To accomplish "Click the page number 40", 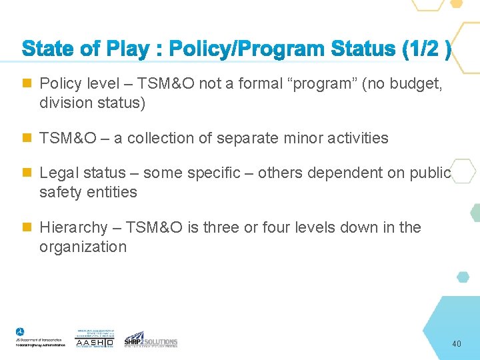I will (x=456, y=344).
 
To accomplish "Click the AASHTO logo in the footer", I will (x=94, y=338).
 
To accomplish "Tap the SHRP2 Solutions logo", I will (x=151, y=339).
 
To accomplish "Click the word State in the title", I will (x=49, y=49).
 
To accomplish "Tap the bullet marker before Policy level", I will (x=27, y=84).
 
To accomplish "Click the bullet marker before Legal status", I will (x=27, y=173).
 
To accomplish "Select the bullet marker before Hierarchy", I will (x=27, y=228).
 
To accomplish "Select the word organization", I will (x=83, y=247).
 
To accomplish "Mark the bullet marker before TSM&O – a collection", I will (x=27, y=139).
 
